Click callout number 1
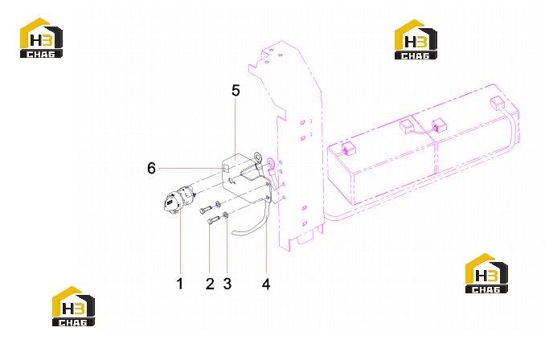pyautogui.click(x=180, y=284)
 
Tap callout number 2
pyautogui.click(x=210, y=284)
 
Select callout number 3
pyautogui.click(x=227, y=284)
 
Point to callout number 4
pyautogui.click(x=266, y=284)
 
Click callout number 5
pyautogui.click(x=236, y=91)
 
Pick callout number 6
pyautogui.click(x=152, y=169)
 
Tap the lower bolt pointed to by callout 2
pyautogui.click(x=213, y=220)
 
